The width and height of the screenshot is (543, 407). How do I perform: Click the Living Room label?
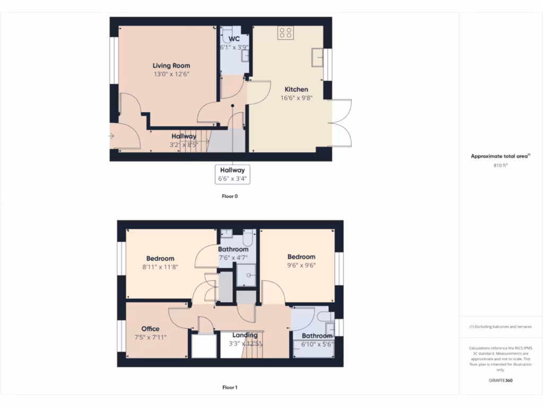click(x=171, y=66)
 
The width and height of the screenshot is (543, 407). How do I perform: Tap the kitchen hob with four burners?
click(x=285, y=33)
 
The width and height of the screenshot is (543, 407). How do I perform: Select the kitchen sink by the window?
click(x=319, y=55)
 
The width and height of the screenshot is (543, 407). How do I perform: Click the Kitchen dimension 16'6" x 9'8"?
click(x=296, y=98)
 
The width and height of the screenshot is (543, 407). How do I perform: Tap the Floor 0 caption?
click(x=230, y=196)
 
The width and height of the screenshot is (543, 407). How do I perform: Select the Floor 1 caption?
click(x=230, y=387)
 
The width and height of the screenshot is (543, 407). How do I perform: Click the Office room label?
click(x=150, y=329)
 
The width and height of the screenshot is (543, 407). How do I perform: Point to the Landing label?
click(x=245, y=335)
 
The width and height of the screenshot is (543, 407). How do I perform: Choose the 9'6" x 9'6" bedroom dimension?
click(x=301, y=266)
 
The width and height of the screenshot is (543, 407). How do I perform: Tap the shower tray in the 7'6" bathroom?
click(x=246, y=274)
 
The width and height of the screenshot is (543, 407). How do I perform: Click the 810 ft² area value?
click(x=501, y=165)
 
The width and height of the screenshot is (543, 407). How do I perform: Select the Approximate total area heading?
click(x=500, y=156)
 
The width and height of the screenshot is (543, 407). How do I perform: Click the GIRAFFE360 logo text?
click(x=501, y=380)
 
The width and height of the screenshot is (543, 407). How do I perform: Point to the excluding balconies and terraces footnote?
click(x=501, y=326)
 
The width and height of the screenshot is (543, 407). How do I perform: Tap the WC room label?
click(x=234, y=39)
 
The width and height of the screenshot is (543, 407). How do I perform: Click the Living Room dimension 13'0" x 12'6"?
click(x=171, y=74)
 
